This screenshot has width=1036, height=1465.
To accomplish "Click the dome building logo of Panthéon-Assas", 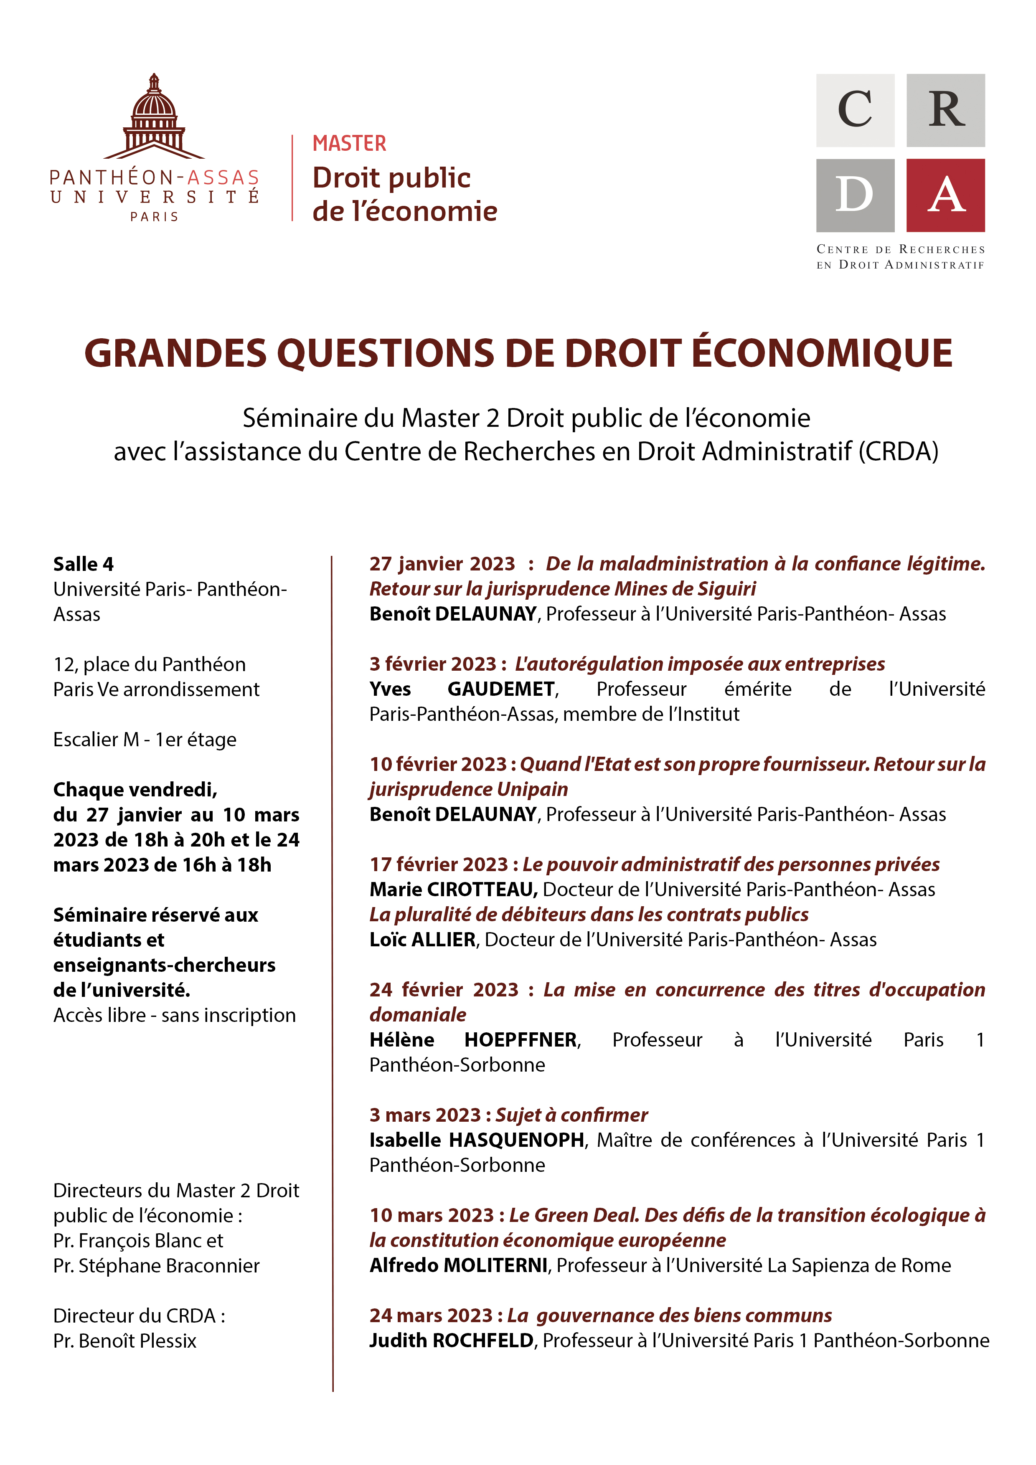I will [x=154, y=118].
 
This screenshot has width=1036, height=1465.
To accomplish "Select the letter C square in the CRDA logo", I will [x=855, y=110].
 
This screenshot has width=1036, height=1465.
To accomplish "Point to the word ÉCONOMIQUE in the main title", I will [x=822, y=353].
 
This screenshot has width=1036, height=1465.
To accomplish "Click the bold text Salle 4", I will [x=83, y=564].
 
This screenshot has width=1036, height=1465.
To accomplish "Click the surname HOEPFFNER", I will [x=521, y=1039].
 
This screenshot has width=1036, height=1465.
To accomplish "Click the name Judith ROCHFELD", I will [x=451, y=1340].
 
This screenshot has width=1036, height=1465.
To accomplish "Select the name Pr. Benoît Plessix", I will [x=124, y=1341].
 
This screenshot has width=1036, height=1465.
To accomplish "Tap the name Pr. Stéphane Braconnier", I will [x=156, y=1265].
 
